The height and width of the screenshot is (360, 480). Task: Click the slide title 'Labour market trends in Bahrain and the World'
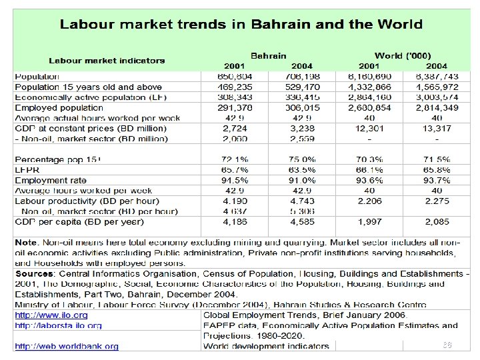tap(241, 25)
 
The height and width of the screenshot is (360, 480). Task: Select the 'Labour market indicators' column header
tap(106, 61)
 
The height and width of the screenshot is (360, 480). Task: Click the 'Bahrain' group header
tap(268, 56)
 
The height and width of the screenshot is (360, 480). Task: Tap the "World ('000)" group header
tap(403, 56)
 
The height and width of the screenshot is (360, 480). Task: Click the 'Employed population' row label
tap(59, 107)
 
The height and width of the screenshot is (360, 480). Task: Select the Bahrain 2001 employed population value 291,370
tap(234, 107)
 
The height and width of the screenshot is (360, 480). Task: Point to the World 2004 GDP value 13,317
tap(437, 128)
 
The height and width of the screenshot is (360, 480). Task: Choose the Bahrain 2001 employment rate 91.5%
tap(234, 180)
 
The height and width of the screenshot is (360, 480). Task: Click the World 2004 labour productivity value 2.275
tap(437, 201)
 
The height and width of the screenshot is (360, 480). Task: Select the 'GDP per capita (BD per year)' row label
tap(79, 221)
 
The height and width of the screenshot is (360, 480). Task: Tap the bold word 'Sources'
tap(35, 274)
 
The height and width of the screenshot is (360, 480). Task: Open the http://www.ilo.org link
tap(51, 315)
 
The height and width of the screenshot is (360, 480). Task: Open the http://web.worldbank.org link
tap(67, 346)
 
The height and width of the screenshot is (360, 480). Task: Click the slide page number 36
tap(447, 345)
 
